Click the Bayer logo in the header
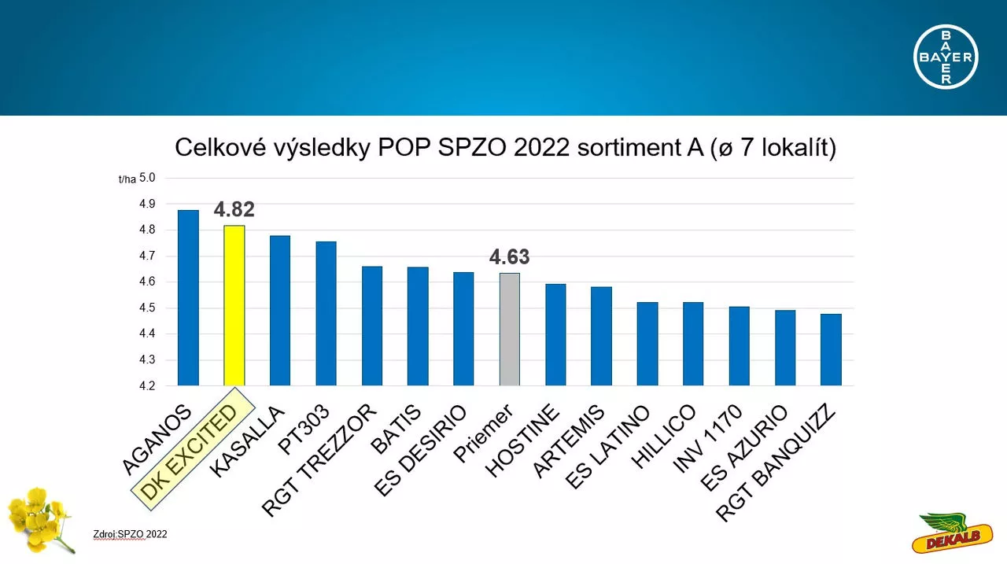(x=946, y=57)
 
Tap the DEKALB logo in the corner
(x=953, y=533)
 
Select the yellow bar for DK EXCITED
(x=234, y=305)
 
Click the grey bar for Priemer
(x=510, y=330)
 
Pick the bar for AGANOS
(x=188, y=298)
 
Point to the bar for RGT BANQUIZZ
(x=831, y=349)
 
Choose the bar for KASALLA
(x=280, y=311)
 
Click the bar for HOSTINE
(x=555, y=335)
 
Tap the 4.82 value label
(x=234, y=209)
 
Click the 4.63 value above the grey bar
(x=509, y=256)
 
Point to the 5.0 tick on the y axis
(x=147, y=178)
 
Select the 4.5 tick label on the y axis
(x=147, y=308)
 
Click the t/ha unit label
(x=127, y=180)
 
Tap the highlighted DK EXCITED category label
(x=194, y=449)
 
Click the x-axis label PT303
(x=304, y=429)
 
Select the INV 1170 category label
(x=707, y=439)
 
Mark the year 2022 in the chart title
(x=541, y=147)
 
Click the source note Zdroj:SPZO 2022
(x=130, y=534)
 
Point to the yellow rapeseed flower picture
(x=40, y=520)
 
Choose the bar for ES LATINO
(x=647, y=344)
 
